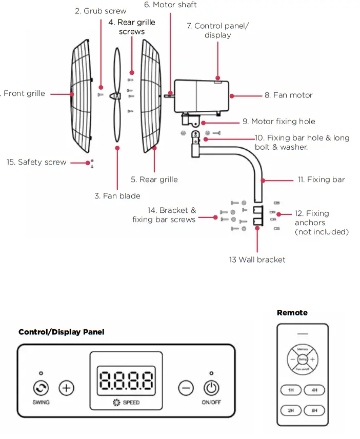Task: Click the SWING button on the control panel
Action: pyautogui.click(x=41, y=388)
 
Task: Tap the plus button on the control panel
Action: pyautogui.click(x=66, y=388)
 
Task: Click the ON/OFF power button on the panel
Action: pyautogui.click(x=211, y=388)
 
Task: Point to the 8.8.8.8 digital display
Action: pyautogui.click(x=126, y=381)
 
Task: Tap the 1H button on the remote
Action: pyautogui.click(x=291, y=390)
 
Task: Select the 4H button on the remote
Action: pyautogui.click(x=313, y=390)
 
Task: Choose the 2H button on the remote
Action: pyautogui.click(x=291, y=410)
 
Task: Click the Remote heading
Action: pyautogui.click(x=292, y=312)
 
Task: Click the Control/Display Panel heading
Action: pyautogui.click(x=61, y=332)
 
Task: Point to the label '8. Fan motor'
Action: pyautogui.click(x=288, y=95)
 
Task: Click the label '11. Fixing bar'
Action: pyautogui.click(x=321, y=179)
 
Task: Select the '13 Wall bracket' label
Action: pyautogui.click(x=257, y=260)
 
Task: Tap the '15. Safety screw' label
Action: pyautogui.click(x=36, y=162)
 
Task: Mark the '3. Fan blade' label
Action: pyautogui.click(x=117, y=195)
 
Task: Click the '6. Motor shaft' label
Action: pyautogui.click(x=170, y=5)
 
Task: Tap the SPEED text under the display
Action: pyautogui.click(x=131, y=403)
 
